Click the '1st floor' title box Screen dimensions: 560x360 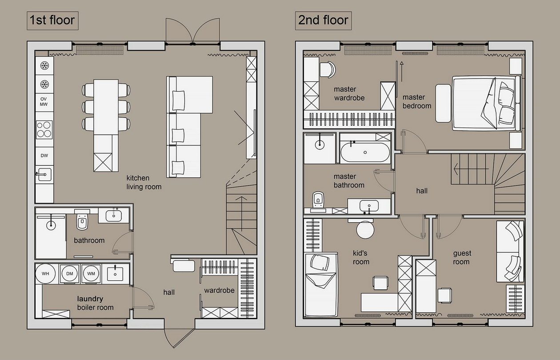(x=52, y=21)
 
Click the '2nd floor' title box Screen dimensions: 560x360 (x=323, y=21)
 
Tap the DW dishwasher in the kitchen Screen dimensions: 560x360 (x=44, y=156)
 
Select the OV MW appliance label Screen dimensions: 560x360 (x=44, y=102)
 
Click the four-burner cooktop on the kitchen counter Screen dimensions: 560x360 (x=44, y=130)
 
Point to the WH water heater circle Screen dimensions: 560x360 (x=45, y=273)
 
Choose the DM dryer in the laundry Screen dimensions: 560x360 (x=70, y=274)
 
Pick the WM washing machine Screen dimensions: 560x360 (x=91, y=274)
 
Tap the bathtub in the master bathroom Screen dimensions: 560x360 (x=365, y=152)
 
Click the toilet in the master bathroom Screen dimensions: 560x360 (x=318, y=200)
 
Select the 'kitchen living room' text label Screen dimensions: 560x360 (x=144, y=182)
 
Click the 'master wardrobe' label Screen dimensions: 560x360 (x=349, y=93)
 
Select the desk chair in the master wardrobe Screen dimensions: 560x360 (x=328, y=69)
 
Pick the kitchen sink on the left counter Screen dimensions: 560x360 (x=44, y=174)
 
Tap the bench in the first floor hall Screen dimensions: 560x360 (x=184, y=266)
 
